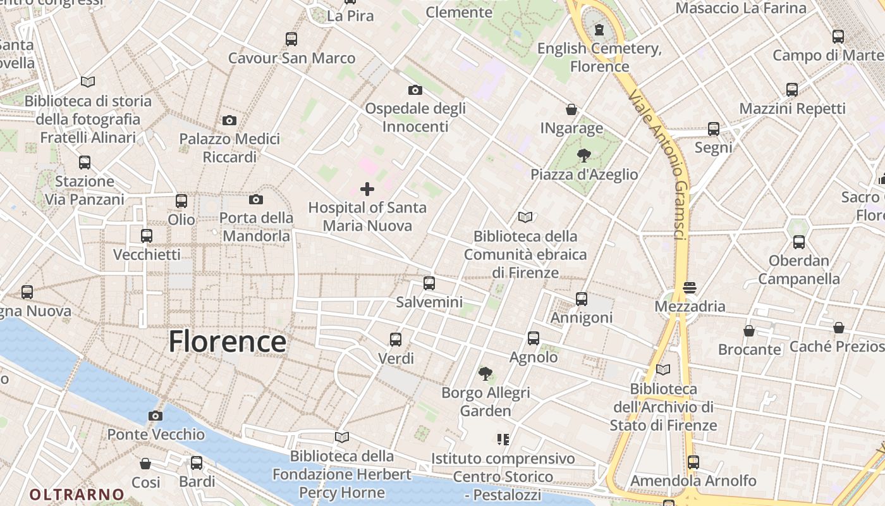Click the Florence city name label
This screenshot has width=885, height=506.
coord(227,342)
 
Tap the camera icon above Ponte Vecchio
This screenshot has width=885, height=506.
coord(155,416)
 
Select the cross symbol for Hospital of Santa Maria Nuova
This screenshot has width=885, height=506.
coord(367,189)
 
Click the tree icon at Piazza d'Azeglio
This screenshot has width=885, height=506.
coord(584,155)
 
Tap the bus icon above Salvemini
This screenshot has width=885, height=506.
coord(429,283)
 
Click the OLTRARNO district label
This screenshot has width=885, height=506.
coord(77,494)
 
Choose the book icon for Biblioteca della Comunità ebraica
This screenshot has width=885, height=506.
coord(525,217)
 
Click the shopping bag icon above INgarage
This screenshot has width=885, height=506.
coord(571,109)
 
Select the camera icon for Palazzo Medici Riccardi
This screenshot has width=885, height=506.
coord(229,120)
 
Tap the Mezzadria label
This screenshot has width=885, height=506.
coord(690,307)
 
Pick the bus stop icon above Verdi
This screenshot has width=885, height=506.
coord(396,339)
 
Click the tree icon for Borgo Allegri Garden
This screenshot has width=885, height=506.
coord(485,374)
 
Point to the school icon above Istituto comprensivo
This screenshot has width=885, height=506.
coord(503,439)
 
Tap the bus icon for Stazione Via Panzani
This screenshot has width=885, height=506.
coord(85,163)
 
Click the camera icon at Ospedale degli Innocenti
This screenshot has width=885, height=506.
coord(415,90)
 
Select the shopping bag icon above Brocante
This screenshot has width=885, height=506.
coord(749,331)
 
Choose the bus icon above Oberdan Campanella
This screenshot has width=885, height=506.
coord(799,242)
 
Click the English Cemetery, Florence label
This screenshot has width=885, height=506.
coord(599,57)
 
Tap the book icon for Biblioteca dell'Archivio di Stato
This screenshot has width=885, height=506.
coord(663,369)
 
